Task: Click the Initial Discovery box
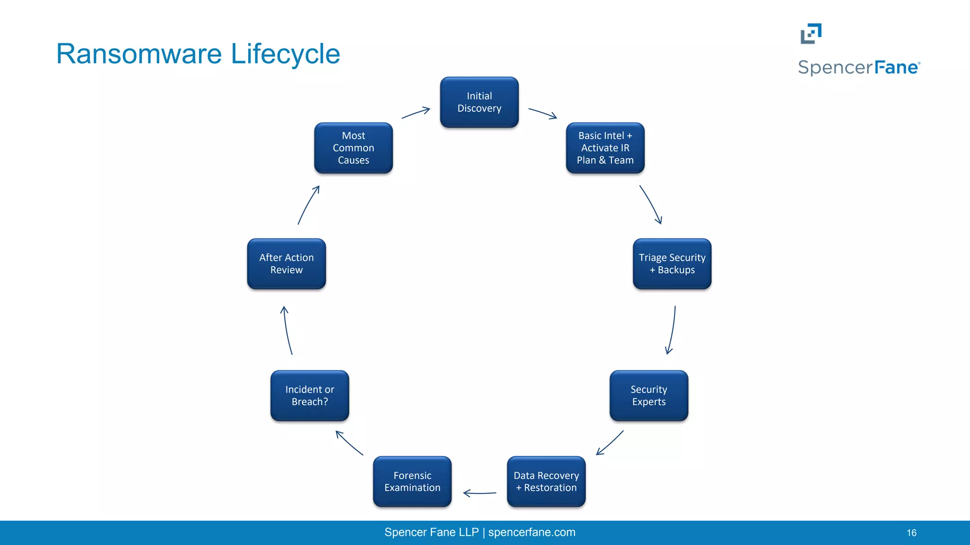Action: tap(479, 102)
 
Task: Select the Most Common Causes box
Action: tap(353, 148)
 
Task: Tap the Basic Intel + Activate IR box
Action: tap(605, 148)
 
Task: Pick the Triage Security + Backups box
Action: tap(672, 264)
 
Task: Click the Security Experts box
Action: tap(648, 396)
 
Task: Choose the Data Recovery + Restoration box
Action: tap(546, 482)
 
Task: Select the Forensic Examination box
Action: tap(412, 482)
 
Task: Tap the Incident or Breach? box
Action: tap(310, 396)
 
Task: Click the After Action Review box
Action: tap(287, 264)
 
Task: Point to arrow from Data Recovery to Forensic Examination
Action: tap(479, 493)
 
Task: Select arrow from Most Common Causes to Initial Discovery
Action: tap(416, 113)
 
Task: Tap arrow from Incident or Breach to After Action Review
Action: tap(287, 330)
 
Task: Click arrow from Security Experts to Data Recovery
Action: tap(610, 443)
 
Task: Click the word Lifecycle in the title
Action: tap(285, 54)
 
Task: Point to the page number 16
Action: tap(911, 533)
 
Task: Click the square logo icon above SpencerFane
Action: tap(811, 34)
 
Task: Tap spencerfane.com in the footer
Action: tap(531, 532)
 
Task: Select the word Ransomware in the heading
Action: tap(139, 54)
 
